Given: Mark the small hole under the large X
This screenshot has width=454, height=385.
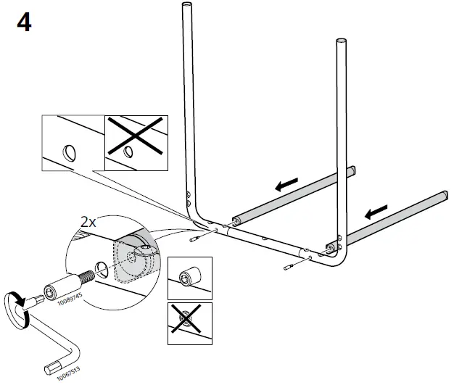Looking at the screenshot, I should coord(128,152).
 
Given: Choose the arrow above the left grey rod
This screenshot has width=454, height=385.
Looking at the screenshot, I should coord(286,186).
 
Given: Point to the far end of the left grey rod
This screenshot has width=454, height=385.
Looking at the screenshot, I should coord(352,170).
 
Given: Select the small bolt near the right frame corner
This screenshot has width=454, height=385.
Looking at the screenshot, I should coord(288,268).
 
